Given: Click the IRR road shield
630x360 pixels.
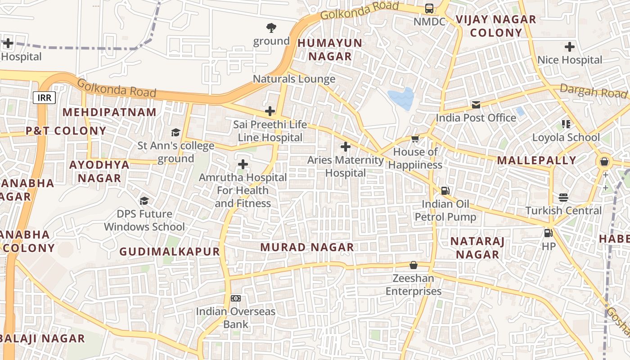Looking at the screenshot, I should pyautogui.click(x=44, y=97).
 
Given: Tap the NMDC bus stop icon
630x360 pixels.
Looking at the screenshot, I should pyautogui.click(x=429, y=8).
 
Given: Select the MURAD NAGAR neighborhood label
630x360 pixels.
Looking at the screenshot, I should pyautogui.click(x=307, y=247).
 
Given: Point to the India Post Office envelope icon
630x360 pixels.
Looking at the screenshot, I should pyautogui.click(x=476, y=105).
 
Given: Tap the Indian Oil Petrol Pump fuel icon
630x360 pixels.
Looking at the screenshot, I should pyautogui.click(x=445, y=191).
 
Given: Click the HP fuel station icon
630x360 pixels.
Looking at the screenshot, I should pyautogui.click(x=548, y=233).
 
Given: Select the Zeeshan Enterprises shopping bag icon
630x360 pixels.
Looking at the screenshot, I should pyautogui.click(x=413, y=265).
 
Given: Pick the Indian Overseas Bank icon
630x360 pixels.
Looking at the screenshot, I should pyautogui.click(x=235, y=298).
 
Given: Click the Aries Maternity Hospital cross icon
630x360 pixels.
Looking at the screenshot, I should pyautogui.click(x=345, y=147).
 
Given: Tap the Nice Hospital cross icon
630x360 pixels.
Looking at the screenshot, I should pyautogui.click(x=569, y=47).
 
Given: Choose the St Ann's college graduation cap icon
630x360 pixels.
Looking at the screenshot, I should pyautogui.click(x=175, y=132).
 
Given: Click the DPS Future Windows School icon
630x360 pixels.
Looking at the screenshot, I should pyautogui.click(x=144, y=200).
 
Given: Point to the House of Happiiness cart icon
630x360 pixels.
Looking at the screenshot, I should pyautogui.click(x=415, y=139).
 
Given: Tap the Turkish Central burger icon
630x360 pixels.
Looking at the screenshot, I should pyautogui.click(x=563, y=197).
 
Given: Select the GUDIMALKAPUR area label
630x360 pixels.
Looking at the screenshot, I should pyautogui.click(x=170, y=252).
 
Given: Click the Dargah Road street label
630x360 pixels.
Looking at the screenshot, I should pyautogui.click(x=593, y=91).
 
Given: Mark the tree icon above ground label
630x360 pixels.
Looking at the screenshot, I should pyautogui.click(x=271, y=28).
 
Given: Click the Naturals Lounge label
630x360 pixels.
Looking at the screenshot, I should pyautogui.click(x=294, y=79).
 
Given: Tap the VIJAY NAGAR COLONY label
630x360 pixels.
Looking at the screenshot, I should pyautogui.click(x=496, y=26).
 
